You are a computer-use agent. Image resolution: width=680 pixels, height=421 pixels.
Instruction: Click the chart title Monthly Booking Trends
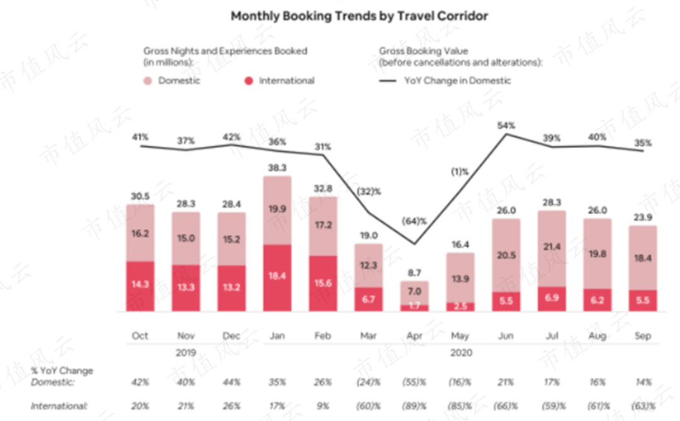pos(359,16)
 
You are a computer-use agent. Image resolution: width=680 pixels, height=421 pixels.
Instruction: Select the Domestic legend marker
pos(148,81)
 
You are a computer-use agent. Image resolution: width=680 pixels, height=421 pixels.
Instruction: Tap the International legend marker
pos(249,81)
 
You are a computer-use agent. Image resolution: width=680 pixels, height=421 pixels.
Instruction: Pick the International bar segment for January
pos(278,278)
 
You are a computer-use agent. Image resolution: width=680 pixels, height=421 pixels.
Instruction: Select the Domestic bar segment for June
pos(506,255)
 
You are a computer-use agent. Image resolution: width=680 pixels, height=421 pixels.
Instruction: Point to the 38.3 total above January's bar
pos(278,168)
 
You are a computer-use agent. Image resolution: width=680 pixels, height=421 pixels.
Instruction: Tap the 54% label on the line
pos(506,125)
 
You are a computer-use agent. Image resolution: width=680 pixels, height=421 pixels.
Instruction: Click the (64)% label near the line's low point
pos(414,221)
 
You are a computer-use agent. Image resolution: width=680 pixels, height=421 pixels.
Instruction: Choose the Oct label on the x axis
pos(140,335)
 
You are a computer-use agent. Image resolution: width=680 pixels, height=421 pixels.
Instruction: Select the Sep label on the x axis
pos(642,335)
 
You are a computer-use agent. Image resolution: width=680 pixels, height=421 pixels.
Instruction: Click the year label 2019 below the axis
pos(186,353)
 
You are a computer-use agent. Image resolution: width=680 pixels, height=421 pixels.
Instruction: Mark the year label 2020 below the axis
pos(460,353)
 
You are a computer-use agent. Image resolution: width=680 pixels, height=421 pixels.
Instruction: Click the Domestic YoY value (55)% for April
pos(414,382)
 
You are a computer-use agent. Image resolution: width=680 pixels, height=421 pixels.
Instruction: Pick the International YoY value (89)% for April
pos(414,406)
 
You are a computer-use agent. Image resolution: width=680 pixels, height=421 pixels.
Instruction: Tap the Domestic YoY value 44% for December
pos(231,382)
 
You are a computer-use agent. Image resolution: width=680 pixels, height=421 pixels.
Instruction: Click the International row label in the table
pos(59,406)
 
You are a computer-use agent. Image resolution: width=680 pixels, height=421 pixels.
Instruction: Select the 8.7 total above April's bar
pos(414,273)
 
